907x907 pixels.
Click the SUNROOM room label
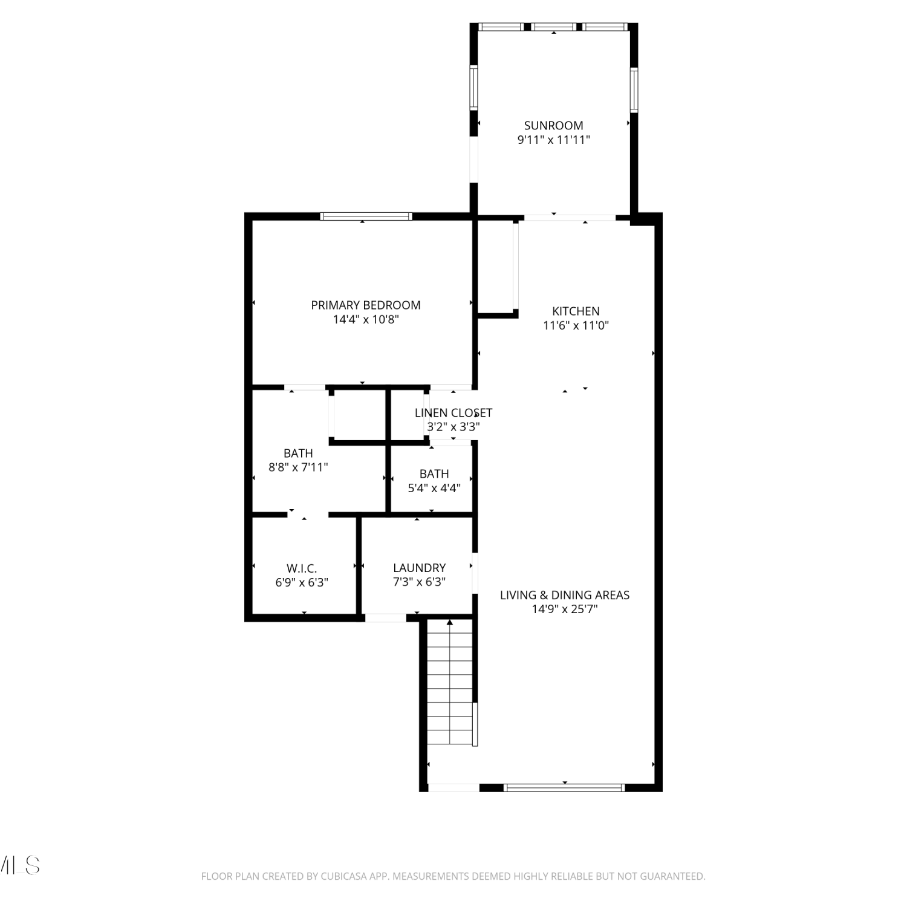click(x=553, y=126)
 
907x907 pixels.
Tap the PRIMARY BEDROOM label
click(x=366, y=305)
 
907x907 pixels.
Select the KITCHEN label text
click(x=576, y=311)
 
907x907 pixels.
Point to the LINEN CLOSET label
click(x=453, y=413)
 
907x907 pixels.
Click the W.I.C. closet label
click(x=302, y=568)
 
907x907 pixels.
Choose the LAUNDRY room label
click(x=419, y=568)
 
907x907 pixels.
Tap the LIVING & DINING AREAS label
click(x=565, y=595)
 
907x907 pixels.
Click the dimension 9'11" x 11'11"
click(x=553, y=140)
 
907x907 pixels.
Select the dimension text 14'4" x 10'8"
click(x=366, y=319)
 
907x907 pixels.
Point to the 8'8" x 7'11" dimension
click(x=298, y=467)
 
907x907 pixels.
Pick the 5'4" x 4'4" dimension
click(x=434, y=488)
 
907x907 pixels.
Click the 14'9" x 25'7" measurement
click(x=565, y=609)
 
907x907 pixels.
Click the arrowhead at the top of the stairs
click(x=450, y=622)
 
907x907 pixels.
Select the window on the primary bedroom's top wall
click(x=366, y=216)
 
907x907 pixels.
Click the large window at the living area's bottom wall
click(x=564, y=787)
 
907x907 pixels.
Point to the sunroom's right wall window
click(x=634, y=90)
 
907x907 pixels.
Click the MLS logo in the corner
click(x=19, y=865)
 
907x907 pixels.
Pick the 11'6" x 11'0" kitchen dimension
click(x=576, y=325)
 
